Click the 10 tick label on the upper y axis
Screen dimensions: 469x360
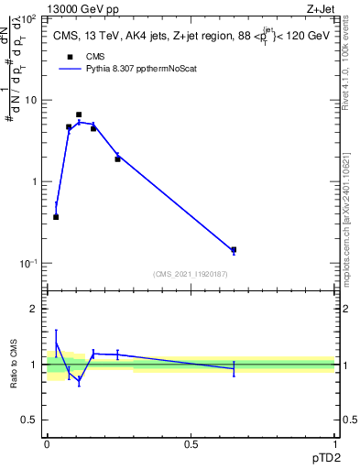[x=32, y=100]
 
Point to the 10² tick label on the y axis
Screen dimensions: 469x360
[x=30, y=18]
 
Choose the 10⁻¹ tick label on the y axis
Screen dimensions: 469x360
[x=30, y=263]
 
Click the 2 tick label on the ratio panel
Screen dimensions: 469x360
[x=35, y=309]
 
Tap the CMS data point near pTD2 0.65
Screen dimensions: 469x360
[x=234, y=249]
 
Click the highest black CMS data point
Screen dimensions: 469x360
[x=79, y=115]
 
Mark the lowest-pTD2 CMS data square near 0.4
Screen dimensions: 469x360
[x=56, y=217]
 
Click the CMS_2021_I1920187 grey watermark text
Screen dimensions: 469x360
[x=191, y=274]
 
